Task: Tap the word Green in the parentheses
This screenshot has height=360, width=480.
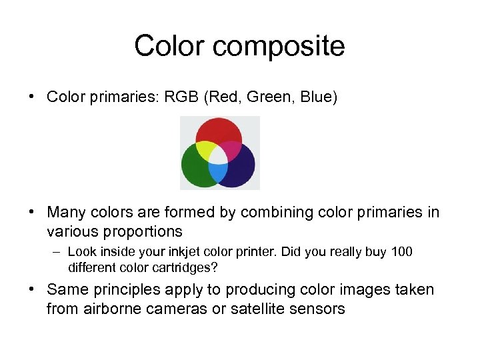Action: (271, 97)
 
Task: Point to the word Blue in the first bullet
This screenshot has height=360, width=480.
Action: (317, 97)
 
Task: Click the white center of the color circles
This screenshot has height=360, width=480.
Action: (219, 155)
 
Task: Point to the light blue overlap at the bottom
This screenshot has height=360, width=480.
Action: (219, 173)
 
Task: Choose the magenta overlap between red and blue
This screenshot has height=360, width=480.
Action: (231, 149)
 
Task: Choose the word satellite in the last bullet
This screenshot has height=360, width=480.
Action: (258, 309)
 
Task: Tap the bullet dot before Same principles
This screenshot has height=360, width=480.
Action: (32, 290)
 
